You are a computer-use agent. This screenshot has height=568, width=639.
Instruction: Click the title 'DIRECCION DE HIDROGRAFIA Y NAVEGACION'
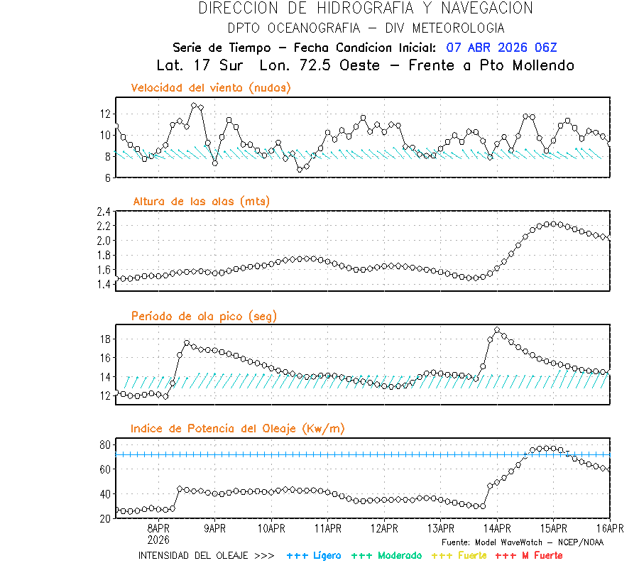(x=366, y=9)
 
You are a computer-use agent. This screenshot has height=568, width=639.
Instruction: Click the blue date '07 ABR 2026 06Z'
(x=502, y=48)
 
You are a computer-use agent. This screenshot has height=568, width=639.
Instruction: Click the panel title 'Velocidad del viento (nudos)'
(x=211, y=88)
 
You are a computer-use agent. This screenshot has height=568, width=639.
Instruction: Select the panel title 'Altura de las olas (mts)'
(x=201, y=202)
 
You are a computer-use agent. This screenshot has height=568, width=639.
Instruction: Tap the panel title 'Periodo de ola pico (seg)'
(x=204, y=316)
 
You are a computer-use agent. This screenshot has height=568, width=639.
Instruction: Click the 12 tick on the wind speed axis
(x=104, y=114)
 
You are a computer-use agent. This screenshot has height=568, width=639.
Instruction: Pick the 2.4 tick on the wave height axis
(x=102, y=212)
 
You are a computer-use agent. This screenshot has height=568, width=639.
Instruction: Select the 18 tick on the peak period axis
(x=104, y=339)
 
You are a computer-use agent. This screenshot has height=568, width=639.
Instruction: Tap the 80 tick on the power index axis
(x=104, y=444)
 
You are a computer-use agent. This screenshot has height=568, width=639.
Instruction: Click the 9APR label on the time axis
(x=215, y=529)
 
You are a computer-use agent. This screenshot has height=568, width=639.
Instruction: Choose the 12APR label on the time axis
(x=384, y=529)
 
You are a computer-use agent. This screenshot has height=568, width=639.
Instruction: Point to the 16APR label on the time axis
(x=610, y=529)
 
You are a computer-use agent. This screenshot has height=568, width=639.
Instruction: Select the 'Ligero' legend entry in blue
(x=314, y=555)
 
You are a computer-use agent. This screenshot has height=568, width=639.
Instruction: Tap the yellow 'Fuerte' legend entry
(x=461, y=555)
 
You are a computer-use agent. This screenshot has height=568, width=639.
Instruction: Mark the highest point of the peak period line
(x=497, y=329)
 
